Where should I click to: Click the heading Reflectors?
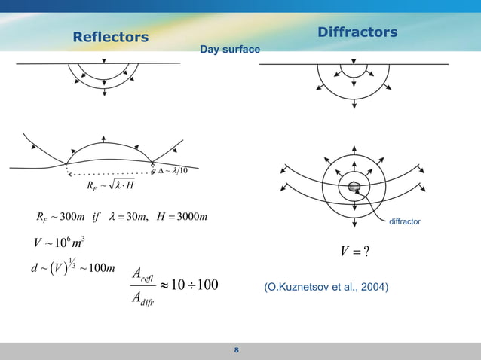click(x=110, y=37)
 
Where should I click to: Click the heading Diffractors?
click(x=357, y=32)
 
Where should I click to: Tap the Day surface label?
click(x=229, y=50)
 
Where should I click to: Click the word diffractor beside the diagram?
click(x=404, y=222)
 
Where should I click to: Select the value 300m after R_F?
click(x=71, y=218)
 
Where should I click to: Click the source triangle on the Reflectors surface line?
click(x=104, y=61)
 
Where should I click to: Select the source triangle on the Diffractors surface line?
click(x=353, y=62)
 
